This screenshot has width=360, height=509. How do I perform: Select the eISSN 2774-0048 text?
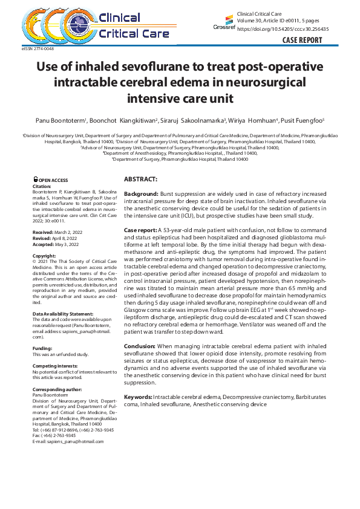coord(38,48)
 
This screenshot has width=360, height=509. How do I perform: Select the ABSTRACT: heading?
coord(140,180)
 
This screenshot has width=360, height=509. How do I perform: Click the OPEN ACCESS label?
coord(52,180)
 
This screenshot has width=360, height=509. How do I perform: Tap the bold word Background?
coord(141,193)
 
